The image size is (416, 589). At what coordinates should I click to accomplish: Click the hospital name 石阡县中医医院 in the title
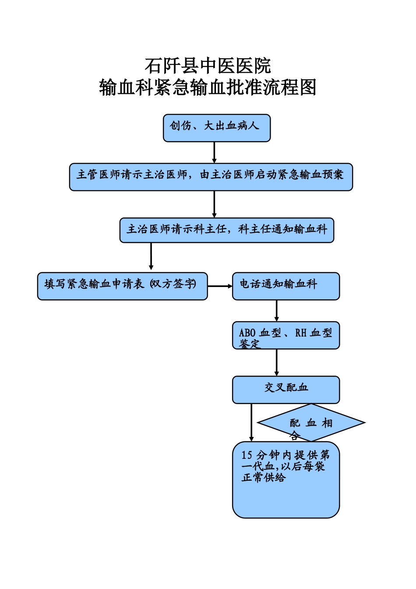pos(208,66)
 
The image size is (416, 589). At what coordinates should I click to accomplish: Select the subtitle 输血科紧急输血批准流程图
pos(208,88)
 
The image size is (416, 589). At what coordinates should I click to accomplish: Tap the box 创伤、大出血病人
pos(217,128)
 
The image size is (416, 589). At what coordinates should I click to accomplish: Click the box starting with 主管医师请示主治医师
pos(211,177)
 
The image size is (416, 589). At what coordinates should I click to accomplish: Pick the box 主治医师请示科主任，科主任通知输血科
pos(227,230)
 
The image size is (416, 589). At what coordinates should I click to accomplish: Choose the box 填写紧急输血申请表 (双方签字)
pos(122,286)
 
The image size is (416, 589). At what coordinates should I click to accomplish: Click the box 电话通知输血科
pos(286,286)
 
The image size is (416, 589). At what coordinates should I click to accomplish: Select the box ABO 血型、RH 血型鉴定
pos(286,336)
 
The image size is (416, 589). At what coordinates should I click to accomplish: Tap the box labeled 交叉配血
pos(286,390)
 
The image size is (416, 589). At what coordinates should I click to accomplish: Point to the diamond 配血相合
pos(311,423)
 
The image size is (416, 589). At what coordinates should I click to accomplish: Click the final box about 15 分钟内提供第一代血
pos(286,480)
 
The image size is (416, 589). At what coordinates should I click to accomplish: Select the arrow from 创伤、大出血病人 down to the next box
pos(214,153)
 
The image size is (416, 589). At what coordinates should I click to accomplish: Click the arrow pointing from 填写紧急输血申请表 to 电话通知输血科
pos(220,286)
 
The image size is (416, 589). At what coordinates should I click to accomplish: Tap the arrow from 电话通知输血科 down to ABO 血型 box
pos(276,311)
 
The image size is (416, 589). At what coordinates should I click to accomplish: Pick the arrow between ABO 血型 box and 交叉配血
pos(276,362)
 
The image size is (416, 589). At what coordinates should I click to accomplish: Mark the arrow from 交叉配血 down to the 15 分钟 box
pos(251,422)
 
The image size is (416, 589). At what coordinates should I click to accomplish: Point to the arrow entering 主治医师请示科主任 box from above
pos(214,204)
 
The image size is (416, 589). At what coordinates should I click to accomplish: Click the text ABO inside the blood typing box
pos(247,333)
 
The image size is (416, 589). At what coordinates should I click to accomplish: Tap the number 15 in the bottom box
pos(247,455)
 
